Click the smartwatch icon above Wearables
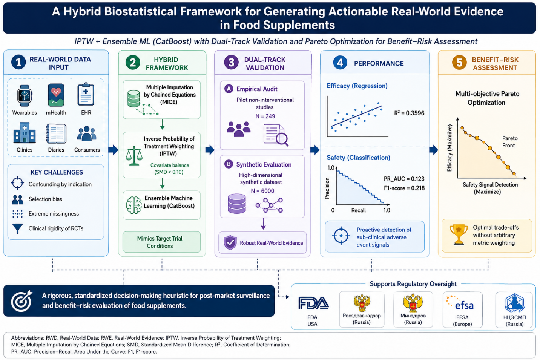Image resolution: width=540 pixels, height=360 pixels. (25, 96)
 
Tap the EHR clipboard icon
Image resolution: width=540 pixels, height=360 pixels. (86, 94)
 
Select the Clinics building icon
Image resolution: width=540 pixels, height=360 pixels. (25, 133)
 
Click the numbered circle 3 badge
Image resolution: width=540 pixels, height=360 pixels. (231, 63)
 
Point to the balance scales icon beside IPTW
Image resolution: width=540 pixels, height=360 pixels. (134, 156)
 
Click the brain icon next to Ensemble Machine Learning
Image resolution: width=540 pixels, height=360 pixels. (134, 205)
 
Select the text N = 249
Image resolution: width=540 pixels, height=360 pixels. (265, 116)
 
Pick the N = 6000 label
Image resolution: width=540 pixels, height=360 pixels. (262, 191)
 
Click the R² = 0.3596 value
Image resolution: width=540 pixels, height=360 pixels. (409, 113)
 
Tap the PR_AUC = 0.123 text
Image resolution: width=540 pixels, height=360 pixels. (404, 179)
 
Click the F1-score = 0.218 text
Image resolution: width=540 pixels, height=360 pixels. (404, 188)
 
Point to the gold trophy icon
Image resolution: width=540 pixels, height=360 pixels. (459, 235)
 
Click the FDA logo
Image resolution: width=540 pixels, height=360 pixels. (313, 303)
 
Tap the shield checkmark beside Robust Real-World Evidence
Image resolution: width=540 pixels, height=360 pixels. (230, 242)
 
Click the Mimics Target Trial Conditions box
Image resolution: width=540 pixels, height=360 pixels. (161, 242)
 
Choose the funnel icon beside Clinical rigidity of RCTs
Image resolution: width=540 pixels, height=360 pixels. (18, 228)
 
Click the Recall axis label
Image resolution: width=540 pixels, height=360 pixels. (358, 210)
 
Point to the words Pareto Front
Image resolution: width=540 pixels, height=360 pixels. (509, 142)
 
